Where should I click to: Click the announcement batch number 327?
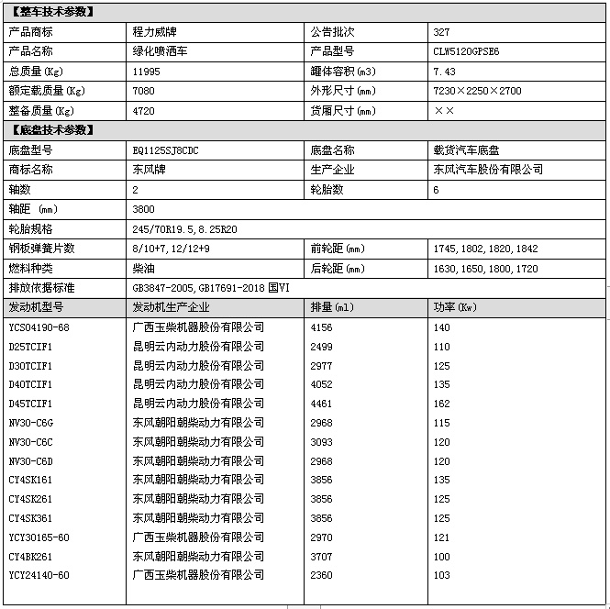click(x=441, y=32)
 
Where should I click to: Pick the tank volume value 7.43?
click(x=443, y=72)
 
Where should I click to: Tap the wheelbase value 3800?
click(x=144, y=210)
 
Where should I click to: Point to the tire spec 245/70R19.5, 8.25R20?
click(x=185, y=229)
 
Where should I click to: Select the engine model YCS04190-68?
click(x=39, y=327)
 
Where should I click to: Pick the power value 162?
click(x=441, y=404)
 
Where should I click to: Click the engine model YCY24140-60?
click(x=39, y=575)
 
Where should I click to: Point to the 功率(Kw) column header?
click(x=455, y=307)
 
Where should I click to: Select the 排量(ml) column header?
click(x=332, y=307)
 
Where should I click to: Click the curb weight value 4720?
click(x=144, y=111)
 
